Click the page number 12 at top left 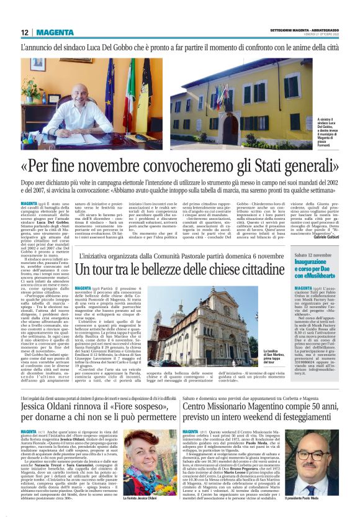24,32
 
